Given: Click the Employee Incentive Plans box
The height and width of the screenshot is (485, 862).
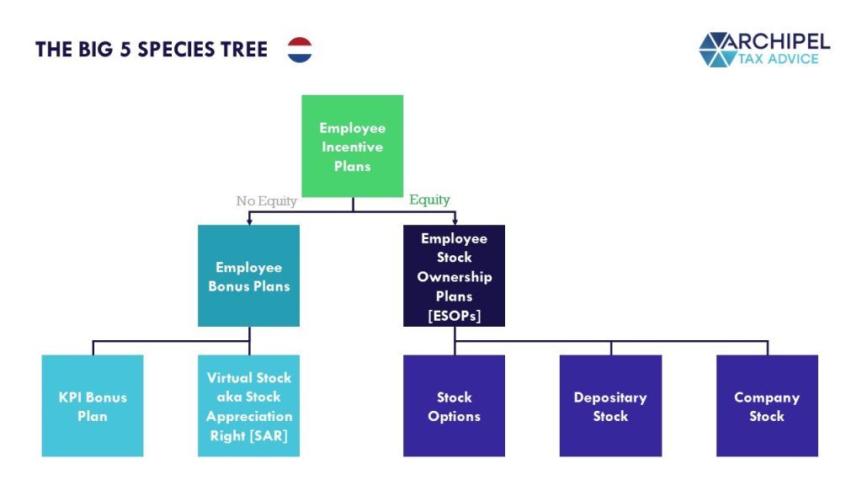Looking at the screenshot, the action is click(353, 147).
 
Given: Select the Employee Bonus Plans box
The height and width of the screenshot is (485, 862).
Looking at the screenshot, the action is click(249, 275).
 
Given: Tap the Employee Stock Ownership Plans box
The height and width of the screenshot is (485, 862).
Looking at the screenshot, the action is click(454, 275).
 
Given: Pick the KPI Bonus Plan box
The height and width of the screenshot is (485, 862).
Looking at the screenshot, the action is click(93, 406).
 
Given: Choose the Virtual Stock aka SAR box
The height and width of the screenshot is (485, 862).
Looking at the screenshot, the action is click(249, 406).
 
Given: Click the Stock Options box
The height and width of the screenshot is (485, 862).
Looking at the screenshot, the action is click(454, 406).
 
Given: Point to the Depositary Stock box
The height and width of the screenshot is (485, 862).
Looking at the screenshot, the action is click(611, 406).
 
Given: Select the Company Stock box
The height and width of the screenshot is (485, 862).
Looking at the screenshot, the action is click(767, 406).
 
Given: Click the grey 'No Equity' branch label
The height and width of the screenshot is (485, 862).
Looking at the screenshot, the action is click(267, 201).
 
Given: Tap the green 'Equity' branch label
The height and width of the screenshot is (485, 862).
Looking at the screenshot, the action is click(429, 200).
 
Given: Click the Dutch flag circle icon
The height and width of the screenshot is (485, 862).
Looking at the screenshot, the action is click(300, 50).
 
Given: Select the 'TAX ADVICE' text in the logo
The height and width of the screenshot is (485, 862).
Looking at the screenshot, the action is click(778, 59).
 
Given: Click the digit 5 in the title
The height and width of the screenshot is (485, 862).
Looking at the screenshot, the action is click(125, 50).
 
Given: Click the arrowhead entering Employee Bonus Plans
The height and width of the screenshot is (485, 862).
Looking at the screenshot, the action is click(249, 221).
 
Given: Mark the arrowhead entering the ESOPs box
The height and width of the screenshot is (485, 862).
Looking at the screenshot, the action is click(455, 221).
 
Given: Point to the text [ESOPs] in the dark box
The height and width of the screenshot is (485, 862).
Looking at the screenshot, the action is click(454, 316).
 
